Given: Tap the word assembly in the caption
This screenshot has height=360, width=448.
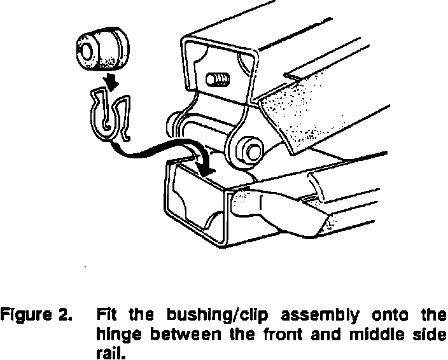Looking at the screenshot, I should [x=311, y=314].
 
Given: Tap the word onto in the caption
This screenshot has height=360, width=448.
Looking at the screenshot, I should [x=384, y=314].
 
